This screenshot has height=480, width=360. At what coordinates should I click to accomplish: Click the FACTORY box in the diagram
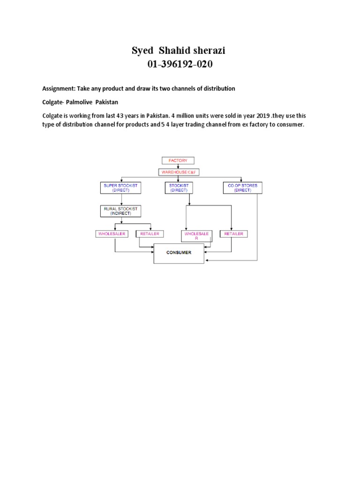tap(178, 160)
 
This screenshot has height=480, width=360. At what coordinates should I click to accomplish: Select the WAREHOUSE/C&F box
tap(178, 172)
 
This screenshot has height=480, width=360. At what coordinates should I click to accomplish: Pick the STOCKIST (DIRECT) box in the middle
tap(179, 188)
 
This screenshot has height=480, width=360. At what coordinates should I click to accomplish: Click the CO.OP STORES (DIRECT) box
tap(243, 188)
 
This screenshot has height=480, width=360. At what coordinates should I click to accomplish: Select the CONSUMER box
tap(179, 253)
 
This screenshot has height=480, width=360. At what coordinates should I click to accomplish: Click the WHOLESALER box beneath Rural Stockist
tap(112, 233)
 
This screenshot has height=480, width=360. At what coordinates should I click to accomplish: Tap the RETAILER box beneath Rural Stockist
tap(150, 233)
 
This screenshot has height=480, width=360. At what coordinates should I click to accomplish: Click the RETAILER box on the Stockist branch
tap(234, 233)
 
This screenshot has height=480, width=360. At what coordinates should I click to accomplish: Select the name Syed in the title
tap(143, 51)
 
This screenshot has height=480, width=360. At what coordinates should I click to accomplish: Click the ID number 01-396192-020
tap(180, 65)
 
